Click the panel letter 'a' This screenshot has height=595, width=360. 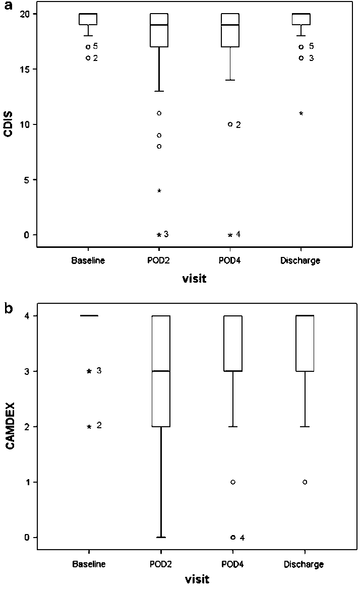[9, 7]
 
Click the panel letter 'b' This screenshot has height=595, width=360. [9, 308]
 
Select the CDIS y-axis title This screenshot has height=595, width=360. [9, 124]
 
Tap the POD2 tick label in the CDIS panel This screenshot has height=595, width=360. [159, 260]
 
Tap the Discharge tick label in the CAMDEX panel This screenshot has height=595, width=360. [304, 564]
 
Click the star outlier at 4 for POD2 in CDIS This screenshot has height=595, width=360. [159, 191]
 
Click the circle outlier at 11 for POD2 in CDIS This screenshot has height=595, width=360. [159, 113]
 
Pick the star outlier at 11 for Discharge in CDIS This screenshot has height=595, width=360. [301, 113]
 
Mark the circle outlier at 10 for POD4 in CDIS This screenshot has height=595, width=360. [230, 124]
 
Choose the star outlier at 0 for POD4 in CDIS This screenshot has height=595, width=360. [230, 235]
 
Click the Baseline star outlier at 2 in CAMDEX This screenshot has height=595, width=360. [89, 427]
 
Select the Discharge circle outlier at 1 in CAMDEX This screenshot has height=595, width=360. [305, 482]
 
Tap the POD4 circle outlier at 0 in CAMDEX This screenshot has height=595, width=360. [233, 538]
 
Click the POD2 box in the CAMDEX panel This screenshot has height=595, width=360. [161, 371]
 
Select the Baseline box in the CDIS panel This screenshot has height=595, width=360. [88, 19]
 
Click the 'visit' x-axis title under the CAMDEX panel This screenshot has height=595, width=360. [195, 579]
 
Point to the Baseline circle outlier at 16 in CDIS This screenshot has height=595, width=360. [88, 58]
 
